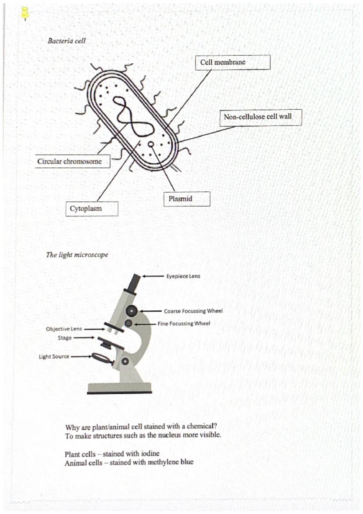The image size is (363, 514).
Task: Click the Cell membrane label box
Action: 232,62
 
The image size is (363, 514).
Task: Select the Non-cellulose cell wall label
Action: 260,117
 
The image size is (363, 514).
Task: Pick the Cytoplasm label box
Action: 92,208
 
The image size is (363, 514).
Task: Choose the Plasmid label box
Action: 186,199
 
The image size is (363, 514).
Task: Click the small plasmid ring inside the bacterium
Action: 151,144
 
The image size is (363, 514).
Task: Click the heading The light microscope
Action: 77,255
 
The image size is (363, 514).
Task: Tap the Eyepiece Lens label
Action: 183,277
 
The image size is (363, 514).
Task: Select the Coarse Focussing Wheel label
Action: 193,311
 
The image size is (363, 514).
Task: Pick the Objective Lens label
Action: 64,329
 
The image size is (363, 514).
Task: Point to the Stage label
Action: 64,338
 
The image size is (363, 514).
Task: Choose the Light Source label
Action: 54,356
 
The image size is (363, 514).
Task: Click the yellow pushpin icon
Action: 25,14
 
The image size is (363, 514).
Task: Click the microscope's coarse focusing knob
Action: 132,311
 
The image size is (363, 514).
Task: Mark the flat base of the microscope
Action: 119,388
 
